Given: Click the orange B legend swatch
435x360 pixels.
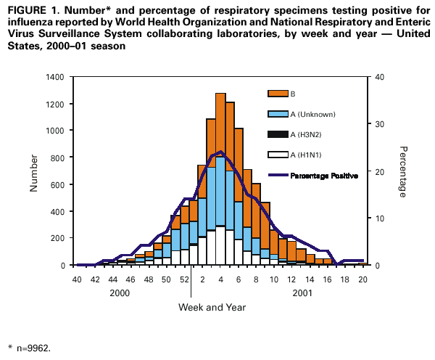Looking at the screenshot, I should coord(278,94).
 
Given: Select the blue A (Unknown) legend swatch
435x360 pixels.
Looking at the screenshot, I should coord(278,114).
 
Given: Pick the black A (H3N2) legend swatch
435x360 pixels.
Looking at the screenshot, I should coord(278,134).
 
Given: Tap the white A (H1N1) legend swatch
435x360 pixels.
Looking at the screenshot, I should coord(278,155).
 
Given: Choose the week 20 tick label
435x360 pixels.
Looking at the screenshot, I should coord(362,278).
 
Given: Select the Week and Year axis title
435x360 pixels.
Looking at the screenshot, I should coord(212,307).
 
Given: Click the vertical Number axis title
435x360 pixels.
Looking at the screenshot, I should coord(33,172).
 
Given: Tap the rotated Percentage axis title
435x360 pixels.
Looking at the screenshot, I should coord(402,171).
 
